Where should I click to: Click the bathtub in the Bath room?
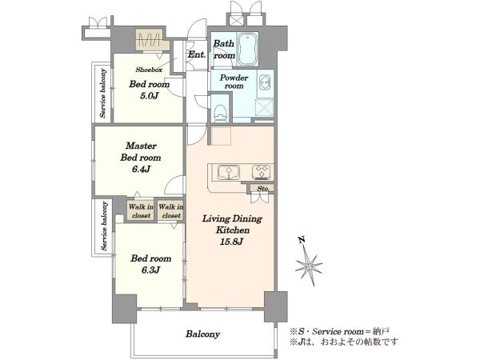tap(247, 49)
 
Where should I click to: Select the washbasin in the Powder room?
tap(265, 82)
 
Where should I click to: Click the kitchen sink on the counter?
tap(229, 172)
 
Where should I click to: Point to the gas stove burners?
tap(261, 172)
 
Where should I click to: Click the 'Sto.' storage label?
tap(262, 189)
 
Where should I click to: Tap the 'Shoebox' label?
tap(149, 70)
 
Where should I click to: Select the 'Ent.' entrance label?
tap(197, 54)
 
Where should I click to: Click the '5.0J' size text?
tap(149, 96)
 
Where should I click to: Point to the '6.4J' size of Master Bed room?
tap(141, 169)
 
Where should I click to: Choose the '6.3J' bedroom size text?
tap(150, 270)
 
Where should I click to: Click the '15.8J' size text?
tap(231, 242)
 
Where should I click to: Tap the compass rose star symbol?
tap(309, 265)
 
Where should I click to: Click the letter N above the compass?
tap(302, 239)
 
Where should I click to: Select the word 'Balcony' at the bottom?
tap(202, 334)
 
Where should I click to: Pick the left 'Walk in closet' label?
tap(141, 211)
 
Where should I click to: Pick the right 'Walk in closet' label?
tap(171, 211)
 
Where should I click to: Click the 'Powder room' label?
tap(234, 82)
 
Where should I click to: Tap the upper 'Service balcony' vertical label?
tap(103, 94)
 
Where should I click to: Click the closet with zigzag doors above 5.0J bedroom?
tap(152, 40)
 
